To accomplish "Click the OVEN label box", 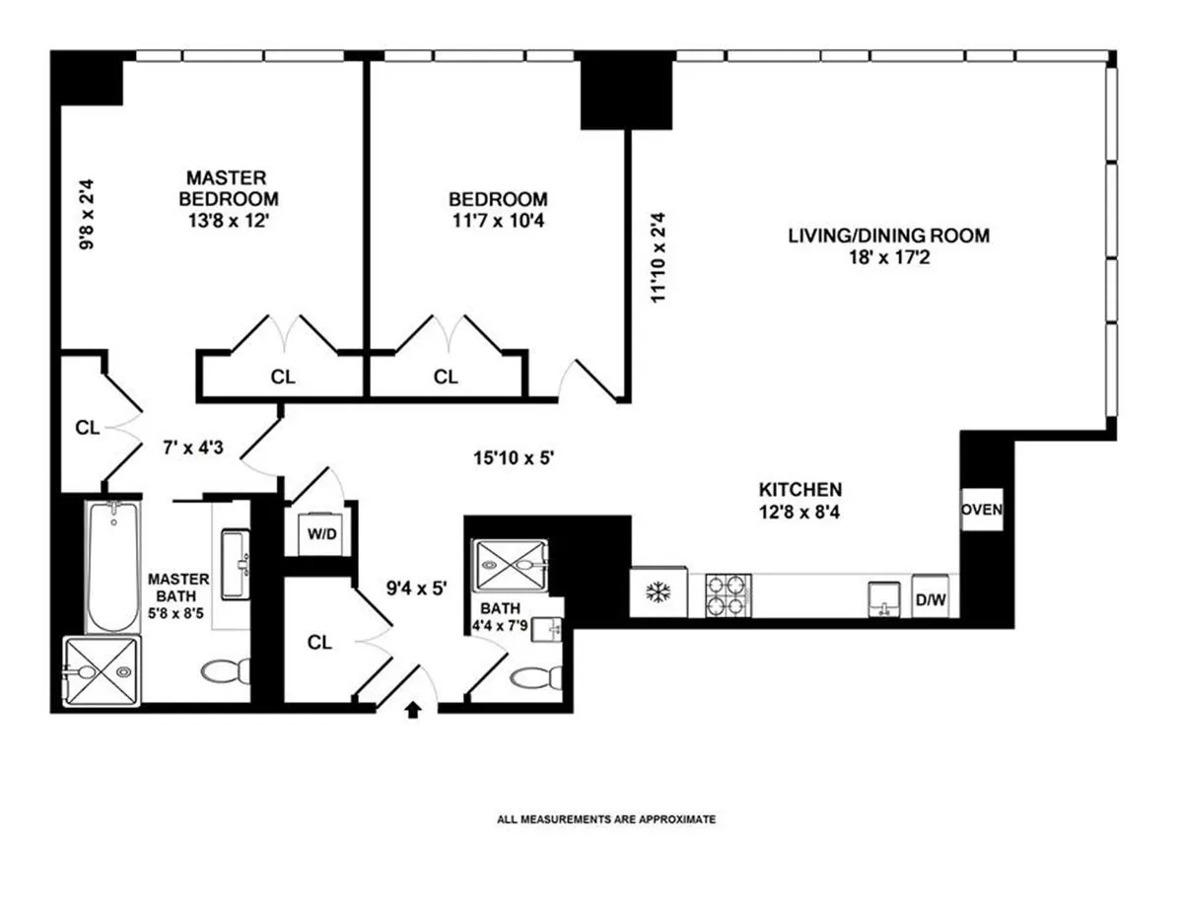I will point(982,510).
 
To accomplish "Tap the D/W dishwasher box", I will point(929,598).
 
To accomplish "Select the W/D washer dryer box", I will point(318,534).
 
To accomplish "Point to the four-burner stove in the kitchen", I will point(728,595).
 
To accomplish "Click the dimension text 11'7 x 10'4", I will point(498,221).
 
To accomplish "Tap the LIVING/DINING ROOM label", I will point(887,236).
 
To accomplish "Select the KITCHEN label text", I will point(800,489).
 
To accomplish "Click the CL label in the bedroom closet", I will point(446,377).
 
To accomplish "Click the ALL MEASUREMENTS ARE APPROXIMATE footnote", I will point(606,818).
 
